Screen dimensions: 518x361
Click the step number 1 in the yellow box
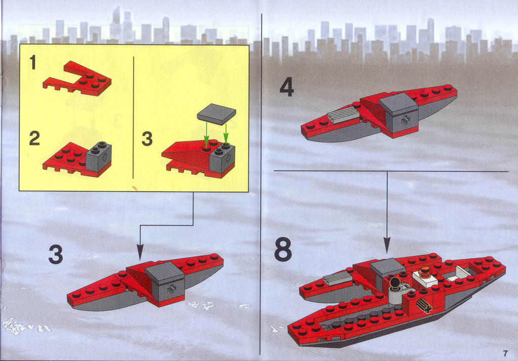pos(33,62)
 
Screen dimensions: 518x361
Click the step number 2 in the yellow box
pos(34,138)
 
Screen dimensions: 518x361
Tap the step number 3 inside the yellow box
pos(147,139)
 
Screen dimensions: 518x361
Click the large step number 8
pos(283,249)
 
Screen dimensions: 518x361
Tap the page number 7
pos(505,353)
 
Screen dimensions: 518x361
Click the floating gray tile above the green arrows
pos(217,114)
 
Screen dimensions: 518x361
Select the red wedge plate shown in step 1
pos(77,78)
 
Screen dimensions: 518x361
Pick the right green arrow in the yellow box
pos(226,133)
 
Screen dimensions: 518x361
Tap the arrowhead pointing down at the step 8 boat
pos(387,245)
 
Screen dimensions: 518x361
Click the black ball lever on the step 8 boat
pos(395,283)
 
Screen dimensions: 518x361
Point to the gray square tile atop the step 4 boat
pos(399,104)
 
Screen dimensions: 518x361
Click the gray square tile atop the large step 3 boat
pos(164,273)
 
